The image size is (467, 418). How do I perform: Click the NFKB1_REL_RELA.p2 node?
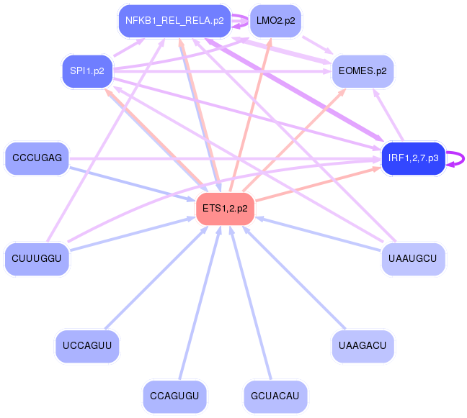click(x=174, y=21)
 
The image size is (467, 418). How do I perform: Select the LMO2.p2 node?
click(x=275, y=21)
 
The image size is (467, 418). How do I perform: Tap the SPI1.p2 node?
click(x=87, y=71)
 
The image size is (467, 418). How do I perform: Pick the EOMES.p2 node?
click(x=363, y=71)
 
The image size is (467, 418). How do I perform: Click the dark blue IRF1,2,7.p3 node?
click(x=413, y=158)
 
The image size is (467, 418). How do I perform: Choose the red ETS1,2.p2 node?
click(x=225, y=208)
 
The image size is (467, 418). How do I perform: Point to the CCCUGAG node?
click(x=37, y=158)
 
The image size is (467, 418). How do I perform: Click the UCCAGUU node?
click(x=87, y=345)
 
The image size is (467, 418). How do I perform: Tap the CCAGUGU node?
click(x=174, y=396)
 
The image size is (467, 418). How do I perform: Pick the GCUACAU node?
click(x=275, y=396)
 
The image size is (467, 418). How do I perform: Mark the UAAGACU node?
click(x=363, y=345)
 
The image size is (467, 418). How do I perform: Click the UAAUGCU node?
click(x=413, y=258)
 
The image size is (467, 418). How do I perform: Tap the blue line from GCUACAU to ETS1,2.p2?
click(x=252, y=303)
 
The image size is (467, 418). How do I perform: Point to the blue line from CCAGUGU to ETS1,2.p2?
click(x=199, y=303)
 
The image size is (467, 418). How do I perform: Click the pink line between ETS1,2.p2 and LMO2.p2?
click(x=249, y=115)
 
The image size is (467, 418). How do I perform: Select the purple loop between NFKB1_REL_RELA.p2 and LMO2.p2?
click(x=240, y=21)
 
